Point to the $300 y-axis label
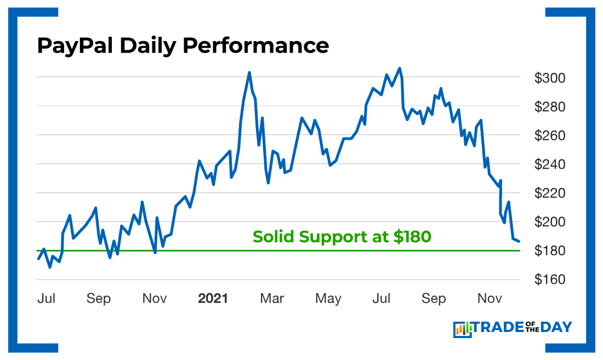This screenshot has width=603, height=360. pyautogui.click(x=549, y=78)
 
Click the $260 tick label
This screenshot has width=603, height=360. pyautogui.click(x=549, y=136)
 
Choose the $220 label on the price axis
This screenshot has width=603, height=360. pyautogui.click(x=549, y=193)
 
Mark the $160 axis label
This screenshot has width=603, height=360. pyautogui.click(x=549, y=279)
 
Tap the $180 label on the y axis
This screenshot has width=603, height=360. pyautogui.click(x=549, y=251)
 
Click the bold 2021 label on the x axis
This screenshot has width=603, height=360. pyautogui.click(x=213, y=299)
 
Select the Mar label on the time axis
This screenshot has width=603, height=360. pyautogui.click(x=272, y=299)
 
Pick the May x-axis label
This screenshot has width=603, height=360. pyautogui.click(x=328, y=299)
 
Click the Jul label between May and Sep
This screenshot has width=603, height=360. pyautogui.click(x=382, y=299)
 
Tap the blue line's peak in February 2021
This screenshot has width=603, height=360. pyautogui.click(x=249, y=72)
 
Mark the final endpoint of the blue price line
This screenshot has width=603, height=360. pyautogui.click(x=519, y=241)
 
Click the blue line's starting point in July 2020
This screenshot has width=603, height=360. pyautogui.click(x=38, y=259)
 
